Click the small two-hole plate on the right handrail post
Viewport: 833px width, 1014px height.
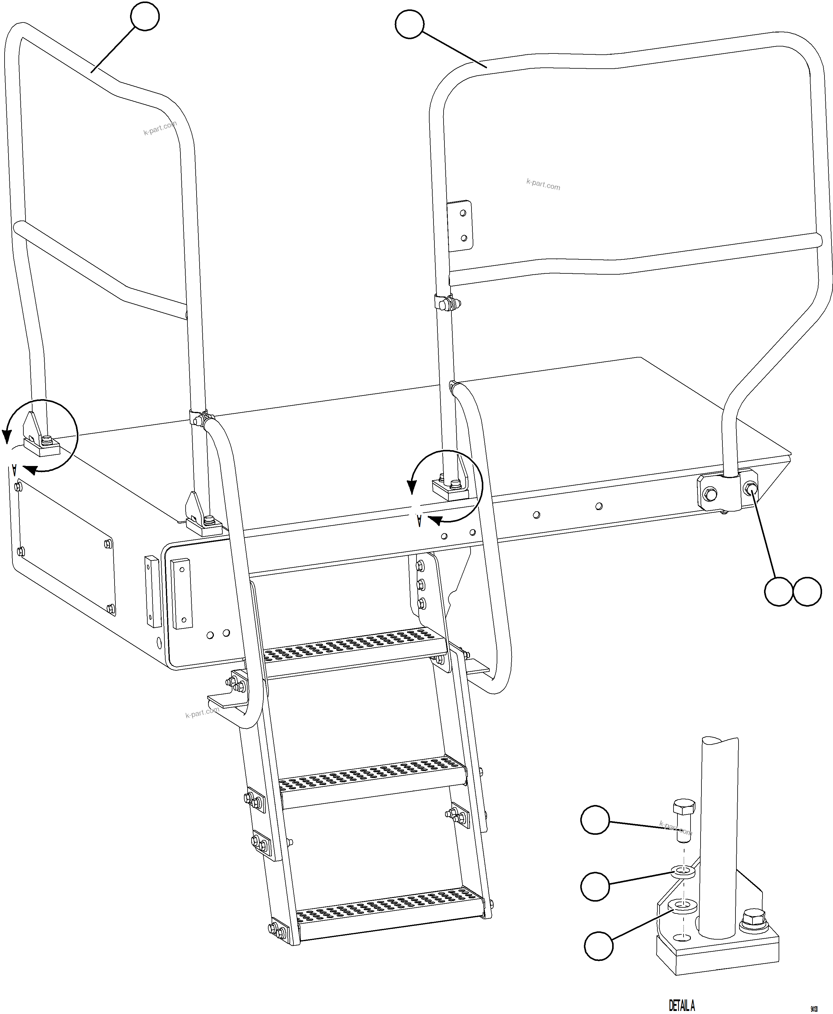(x=460, y=225)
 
